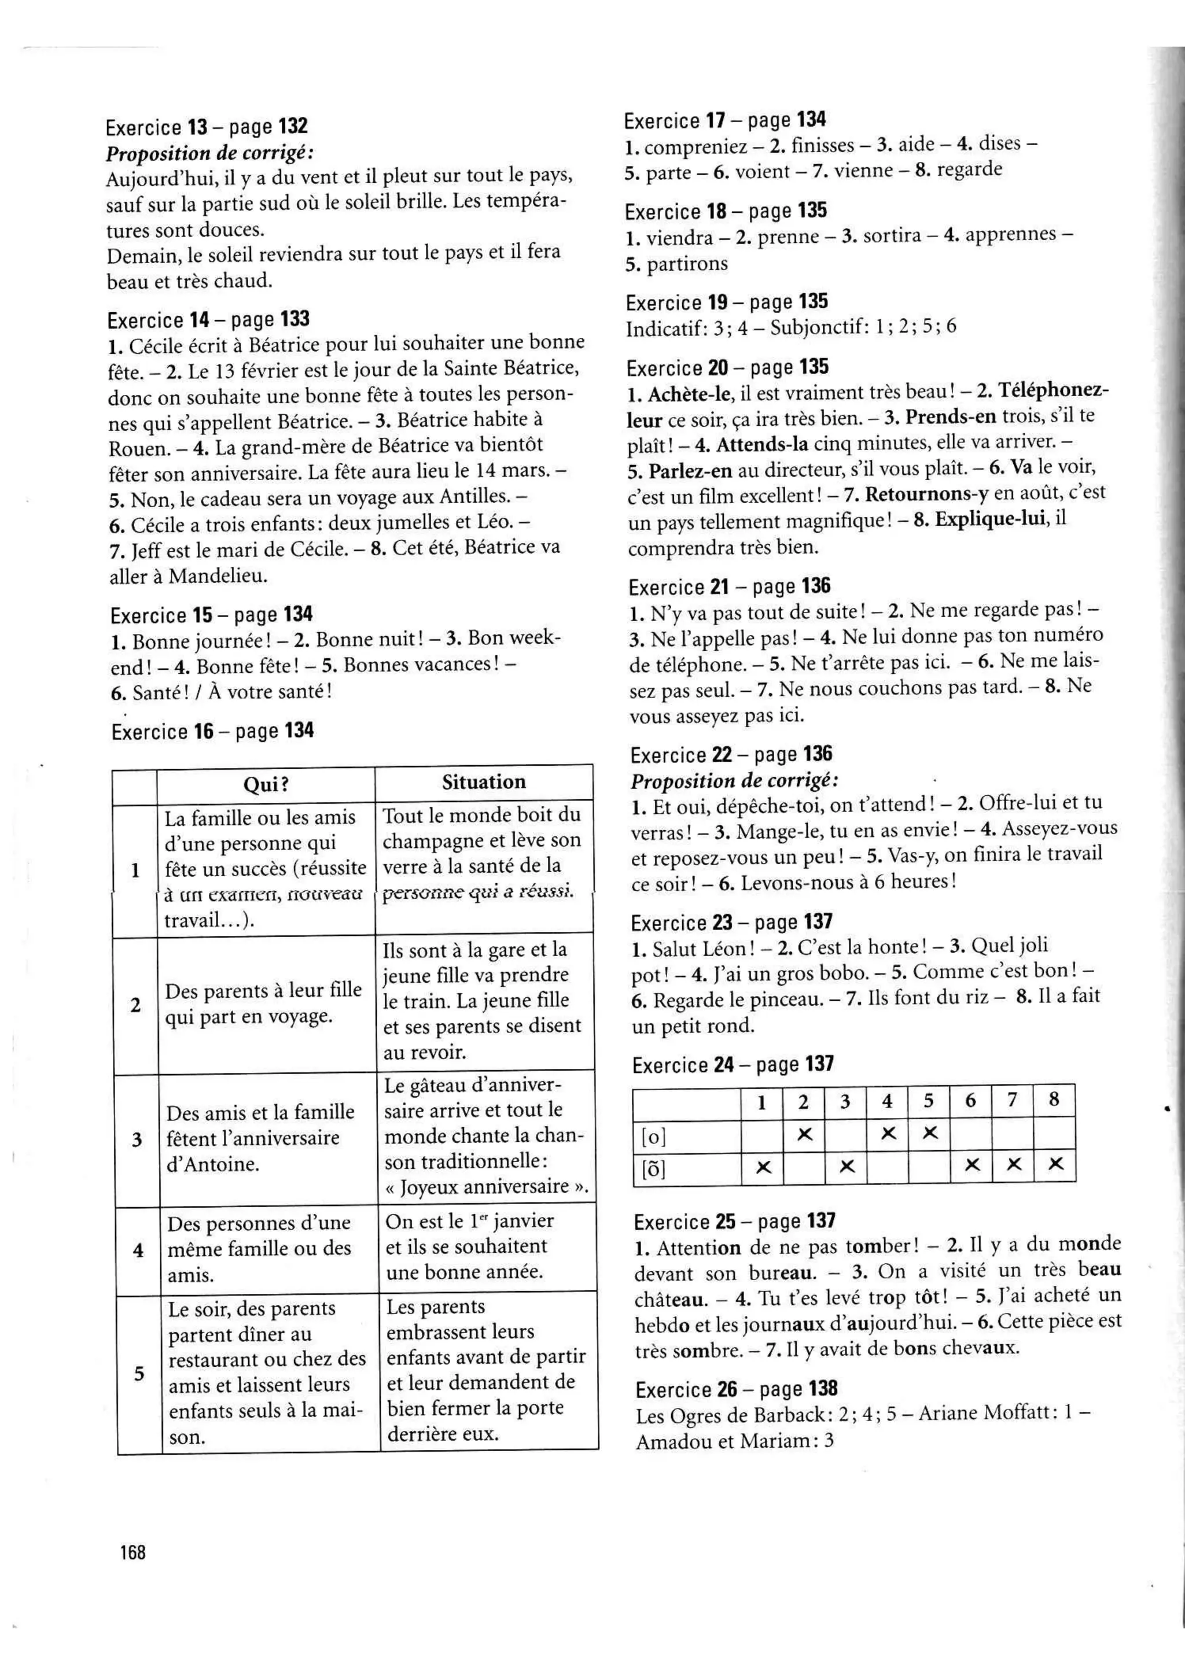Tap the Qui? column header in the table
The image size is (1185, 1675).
click(266, 784)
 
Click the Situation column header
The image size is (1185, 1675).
click(484, 782)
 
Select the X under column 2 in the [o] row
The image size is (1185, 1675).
click(804, 1134)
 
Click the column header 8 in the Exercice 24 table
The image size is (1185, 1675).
click(1054, 1100)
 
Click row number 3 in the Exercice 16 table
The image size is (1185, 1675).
click(137, 1139)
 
